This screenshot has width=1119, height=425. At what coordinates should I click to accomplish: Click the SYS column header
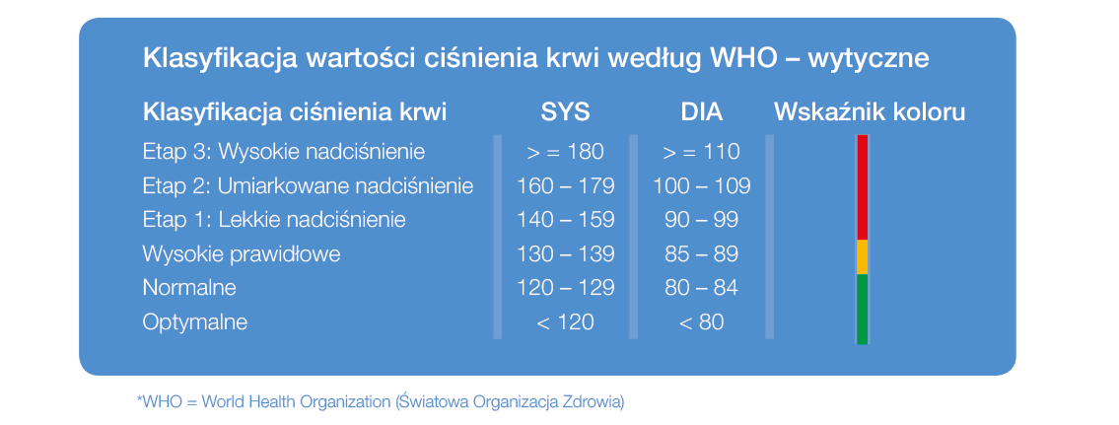(565, 112)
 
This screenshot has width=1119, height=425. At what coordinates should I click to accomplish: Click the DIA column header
(702, 112)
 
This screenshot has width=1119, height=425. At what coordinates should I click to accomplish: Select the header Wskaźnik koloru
(870, 112)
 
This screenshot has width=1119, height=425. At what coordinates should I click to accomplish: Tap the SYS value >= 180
(565, 152)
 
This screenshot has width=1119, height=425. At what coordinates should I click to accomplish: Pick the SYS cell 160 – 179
(565, 185)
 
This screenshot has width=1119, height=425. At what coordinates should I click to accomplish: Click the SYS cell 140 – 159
(565, 219)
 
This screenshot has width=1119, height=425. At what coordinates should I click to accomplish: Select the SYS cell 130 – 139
(565, 253)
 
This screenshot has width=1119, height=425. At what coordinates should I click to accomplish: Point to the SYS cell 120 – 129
(565, 288)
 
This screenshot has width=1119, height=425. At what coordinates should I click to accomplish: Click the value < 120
(565, 322)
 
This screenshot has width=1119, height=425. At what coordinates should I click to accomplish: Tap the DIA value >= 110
(702, 152)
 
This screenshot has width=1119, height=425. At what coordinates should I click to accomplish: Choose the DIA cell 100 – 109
(702, 185)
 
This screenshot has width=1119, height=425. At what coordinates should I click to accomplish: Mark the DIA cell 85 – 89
(702, 253)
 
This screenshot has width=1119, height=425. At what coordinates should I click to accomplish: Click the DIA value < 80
(702, 322)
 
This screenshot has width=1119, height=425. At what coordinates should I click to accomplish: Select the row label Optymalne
(195, 322)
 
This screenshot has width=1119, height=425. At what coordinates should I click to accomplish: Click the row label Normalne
(189, 288)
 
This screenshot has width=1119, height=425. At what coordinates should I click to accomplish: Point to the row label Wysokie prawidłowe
(242, 254)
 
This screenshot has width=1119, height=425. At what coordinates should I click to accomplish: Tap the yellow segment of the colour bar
(862, 257)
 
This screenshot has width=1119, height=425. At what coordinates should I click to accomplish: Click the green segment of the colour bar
(862, 310)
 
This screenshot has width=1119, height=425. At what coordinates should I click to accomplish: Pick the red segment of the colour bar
(862, 187)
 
